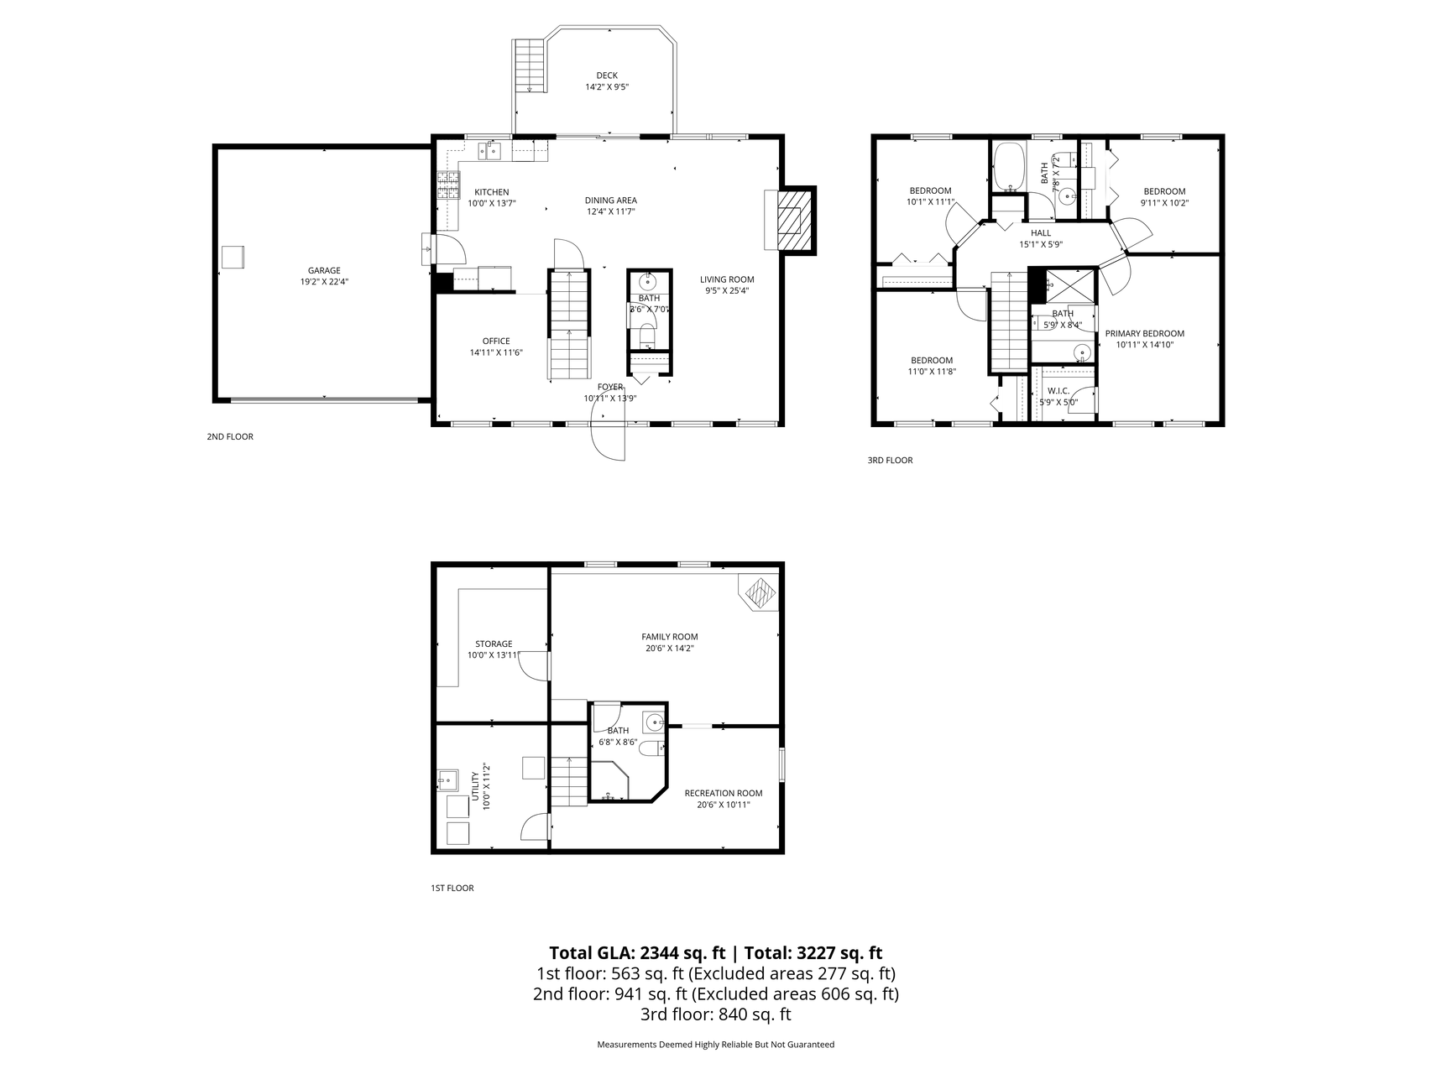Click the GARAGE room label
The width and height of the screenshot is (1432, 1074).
pos(324,270)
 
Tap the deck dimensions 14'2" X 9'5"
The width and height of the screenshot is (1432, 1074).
pos(607,87)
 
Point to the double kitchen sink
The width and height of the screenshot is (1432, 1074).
pos(489,151)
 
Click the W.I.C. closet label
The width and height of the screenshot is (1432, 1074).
pos(1058,391)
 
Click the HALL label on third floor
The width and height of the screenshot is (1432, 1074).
pos(1040,233)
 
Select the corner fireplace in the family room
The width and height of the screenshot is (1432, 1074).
pos(760,593)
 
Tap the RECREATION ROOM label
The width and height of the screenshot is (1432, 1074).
pos(723,793)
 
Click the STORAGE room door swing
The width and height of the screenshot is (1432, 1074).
pos(534,665)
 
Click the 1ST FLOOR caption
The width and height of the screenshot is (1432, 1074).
pos(452,888)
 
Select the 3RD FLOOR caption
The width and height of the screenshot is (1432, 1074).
pos(890,460)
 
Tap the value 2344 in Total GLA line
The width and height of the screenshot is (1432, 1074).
pos(661,953)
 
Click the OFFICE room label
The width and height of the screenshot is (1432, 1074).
pos(496,341)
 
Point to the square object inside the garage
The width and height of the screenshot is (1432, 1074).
pos(233,257)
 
